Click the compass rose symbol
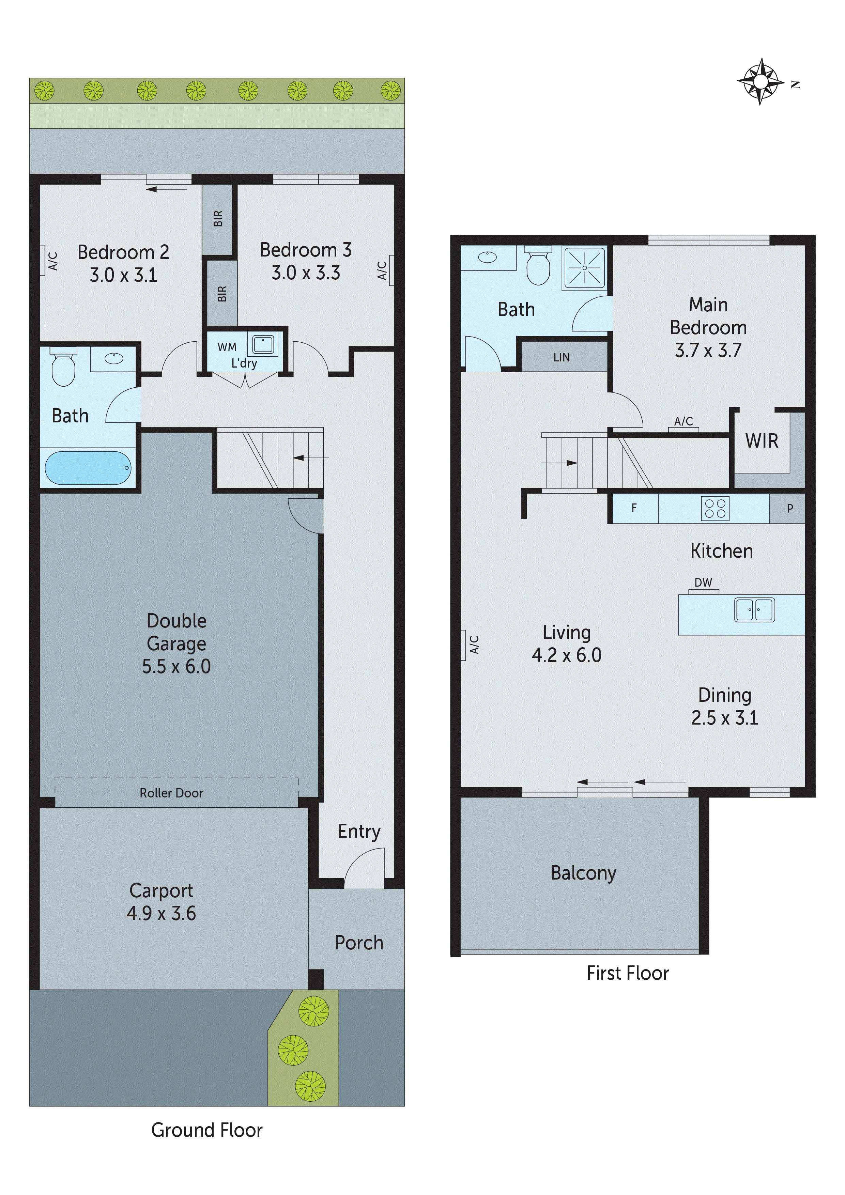point(760,82)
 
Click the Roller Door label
point(171,793)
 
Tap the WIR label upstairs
point(761,441)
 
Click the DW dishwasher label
point(703,583)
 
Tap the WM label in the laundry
point(227,347)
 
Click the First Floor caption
point(627,973)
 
